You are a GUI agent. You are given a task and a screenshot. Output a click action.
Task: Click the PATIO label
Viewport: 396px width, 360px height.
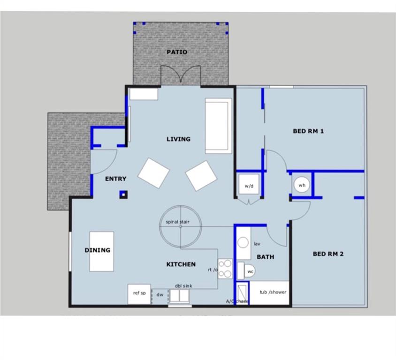click(177, 52)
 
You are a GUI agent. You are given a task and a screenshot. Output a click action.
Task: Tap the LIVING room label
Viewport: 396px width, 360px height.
click(178, 139)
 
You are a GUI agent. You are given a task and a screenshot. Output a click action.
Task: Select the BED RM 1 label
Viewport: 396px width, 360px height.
click(308, 131)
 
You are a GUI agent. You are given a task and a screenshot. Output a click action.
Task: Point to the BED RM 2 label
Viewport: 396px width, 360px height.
click(328, 254)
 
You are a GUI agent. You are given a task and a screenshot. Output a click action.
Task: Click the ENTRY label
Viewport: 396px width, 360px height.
click(115, 179)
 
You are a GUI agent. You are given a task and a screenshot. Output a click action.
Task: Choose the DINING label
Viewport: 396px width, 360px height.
click(98, 250)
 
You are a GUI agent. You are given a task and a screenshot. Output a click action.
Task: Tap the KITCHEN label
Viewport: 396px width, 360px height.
click(181, 264)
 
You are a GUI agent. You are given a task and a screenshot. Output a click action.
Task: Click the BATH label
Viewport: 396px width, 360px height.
click(265, 257)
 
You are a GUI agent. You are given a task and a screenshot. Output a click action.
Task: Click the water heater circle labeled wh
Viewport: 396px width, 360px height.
click(302, 185)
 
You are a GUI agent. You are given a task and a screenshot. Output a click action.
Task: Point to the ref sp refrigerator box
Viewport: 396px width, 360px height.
click(139, 294)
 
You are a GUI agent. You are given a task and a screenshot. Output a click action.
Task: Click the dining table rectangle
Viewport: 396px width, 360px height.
click(102, 251)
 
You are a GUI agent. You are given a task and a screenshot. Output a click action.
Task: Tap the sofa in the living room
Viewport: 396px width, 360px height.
click(218, 126)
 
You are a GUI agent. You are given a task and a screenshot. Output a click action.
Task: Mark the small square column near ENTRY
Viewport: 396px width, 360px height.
click(124, 194)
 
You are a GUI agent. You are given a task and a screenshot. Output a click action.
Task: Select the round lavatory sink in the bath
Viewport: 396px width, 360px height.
click(243, 243)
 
